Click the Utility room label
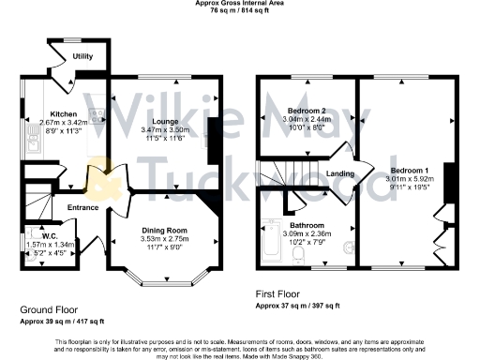coord(83,57)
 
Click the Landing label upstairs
coord(340,172)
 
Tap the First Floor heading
coord(287,293)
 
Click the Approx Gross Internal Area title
coord(241,4)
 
